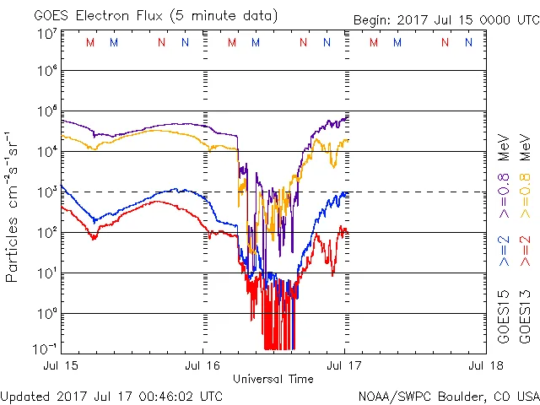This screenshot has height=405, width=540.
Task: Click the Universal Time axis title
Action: pos(273,379)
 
